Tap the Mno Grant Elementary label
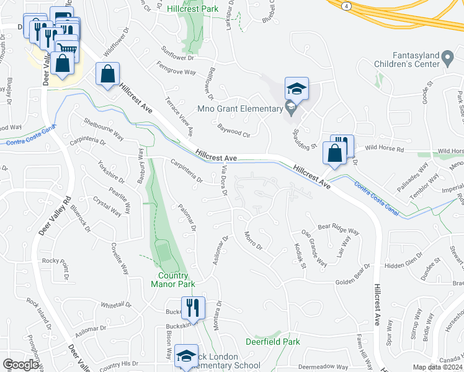point(239,109)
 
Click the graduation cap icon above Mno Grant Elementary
point(297,89)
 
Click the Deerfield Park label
point(272,342)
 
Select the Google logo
point(21,365)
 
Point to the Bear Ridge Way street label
point(339,229)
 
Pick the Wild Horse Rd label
point(384,149)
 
